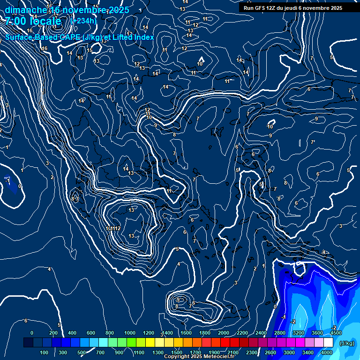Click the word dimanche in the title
coord(25,10)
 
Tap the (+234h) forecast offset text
coord(83,21)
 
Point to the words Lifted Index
coord(132,37)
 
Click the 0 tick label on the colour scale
coord(32,333)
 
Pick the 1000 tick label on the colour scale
coord(130,333)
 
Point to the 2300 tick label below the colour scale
coord(252,352)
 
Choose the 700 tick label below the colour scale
coord(100,352)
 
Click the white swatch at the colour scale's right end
coord(329,343)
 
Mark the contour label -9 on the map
coord(155,125)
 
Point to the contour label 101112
coord(113,229)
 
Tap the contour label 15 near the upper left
coord(89,50)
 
